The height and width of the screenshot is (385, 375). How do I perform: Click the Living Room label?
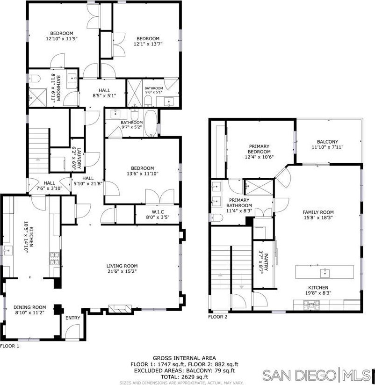tap(122, 266)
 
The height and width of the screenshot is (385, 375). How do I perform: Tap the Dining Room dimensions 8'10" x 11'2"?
tap(30, 312)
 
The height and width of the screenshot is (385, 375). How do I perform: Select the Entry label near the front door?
tap(73, 318)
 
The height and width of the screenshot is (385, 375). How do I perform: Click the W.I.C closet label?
tap(158, 212)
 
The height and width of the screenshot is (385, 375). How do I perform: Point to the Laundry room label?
tap(79, 158)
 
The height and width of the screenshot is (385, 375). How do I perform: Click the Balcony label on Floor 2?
tap(328, 142)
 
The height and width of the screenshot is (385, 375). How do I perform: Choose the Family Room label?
tap(318, 212)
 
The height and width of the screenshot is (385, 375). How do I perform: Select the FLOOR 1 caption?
tap(9, 346)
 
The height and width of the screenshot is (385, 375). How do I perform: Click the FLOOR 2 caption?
tap(218, 317)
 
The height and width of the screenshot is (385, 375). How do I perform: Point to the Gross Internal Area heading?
tap(184, 358)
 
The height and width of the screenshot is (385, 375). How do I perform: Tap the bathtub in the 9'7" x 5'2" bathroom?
tap(150, 123)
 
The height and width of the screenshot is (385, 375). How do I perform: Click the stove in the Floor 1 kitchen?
tap(55, 259)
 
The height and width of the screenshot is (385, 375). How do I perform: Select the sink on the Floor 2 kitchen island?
tap(325, 273)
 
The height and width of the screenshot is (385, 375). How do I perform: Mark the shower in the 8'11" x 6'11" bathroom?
tap(37, 97)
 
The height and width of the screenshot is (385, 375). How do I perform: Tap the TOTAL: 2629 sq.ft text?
tap(184, 377)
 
